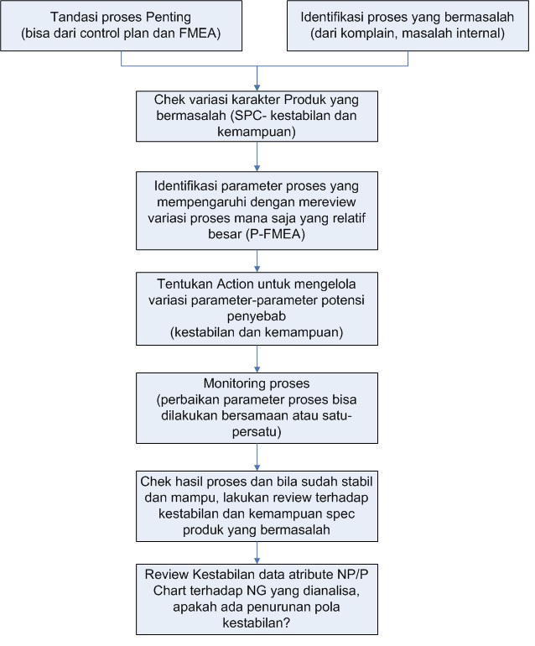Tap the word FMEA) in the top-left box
click(200, 33)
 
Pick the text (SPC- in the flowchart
click(249, 116)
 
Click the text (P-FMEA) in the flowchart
click(276, 234)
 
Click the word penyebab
click(257, 316)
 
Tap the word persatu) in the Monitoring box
click(257, 432)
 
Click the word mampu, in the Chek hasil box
click(195, 498)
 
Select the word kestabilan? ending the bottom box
click(257, 623)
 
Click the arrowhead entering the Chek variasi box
click(257, 88)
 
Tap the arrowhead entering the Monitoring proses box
click(257, 369)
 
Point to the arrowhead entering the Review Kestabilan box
click(257, 560)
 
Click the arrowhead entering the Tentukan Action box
click(257, 268)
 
